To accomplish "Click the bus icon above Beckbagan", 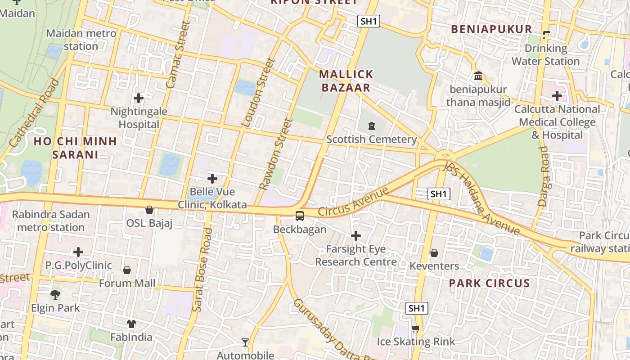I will [300, 216].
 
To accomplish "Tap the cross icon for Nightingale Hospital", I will [139, 98].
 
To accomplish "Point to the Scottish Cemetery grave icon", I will [372, 126].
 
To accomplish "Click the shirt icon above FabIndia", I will [131, 324].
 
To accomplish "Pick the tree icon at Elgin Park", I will [55, 295].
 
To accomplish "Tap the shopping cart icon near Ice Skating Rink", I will [415, 328].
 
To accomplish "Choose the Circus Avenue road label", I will [353, 202].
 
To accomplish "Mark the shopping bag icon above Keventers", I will [434, 253].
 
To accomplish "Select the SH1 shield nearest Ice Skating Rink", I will [417, 308].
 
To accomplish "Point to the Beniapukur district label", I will [491, 29].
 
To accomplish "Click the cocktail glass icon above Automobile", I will [245, 342].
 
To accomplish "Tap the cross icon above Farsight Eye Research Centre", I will [356, 236].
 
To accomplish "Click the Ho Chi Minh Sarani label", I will [75, 148].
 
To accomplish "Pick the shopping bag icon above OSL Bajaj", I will [149, 210].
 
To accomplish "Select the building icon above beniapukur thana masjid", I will [478, 76].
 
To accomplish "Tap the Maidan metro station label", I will [81, 40].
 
